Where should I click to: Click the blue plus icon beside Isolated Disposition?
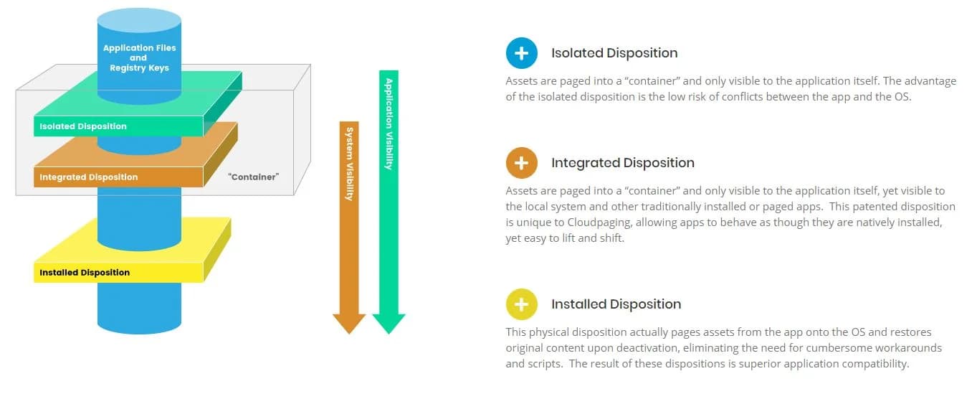pos(522,53)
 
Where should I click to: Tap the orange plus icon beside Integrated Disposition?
pos(522,163)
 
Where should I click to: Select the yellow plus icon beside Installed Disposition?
pos(522,304)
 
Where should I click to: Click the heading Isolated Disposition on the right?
pos(614,53)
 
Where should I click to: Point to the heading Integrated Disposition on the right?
pos(623,163)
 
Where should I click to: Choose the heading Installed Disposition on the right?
pos(616,304)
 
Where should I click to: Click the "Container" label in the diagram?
pos(254,177)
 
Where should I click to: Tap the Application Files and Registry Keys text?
pos(139,58)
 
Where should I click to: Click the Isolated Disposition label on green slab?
pos(83,126)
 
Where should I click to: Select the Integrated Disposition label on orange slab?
pos(88,177)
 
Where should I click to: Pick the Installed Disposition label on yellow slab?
pos(85,273)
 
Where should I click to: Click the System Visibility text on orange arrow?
pos(349,164)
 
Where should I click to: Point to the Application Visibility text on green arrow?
pos(389,124)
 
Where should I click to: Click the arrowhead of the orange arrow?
pos(349,323)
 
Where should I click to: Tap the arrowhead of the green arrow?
pos(389,323)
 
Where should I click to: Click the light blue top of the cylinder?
pos(139,20)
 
